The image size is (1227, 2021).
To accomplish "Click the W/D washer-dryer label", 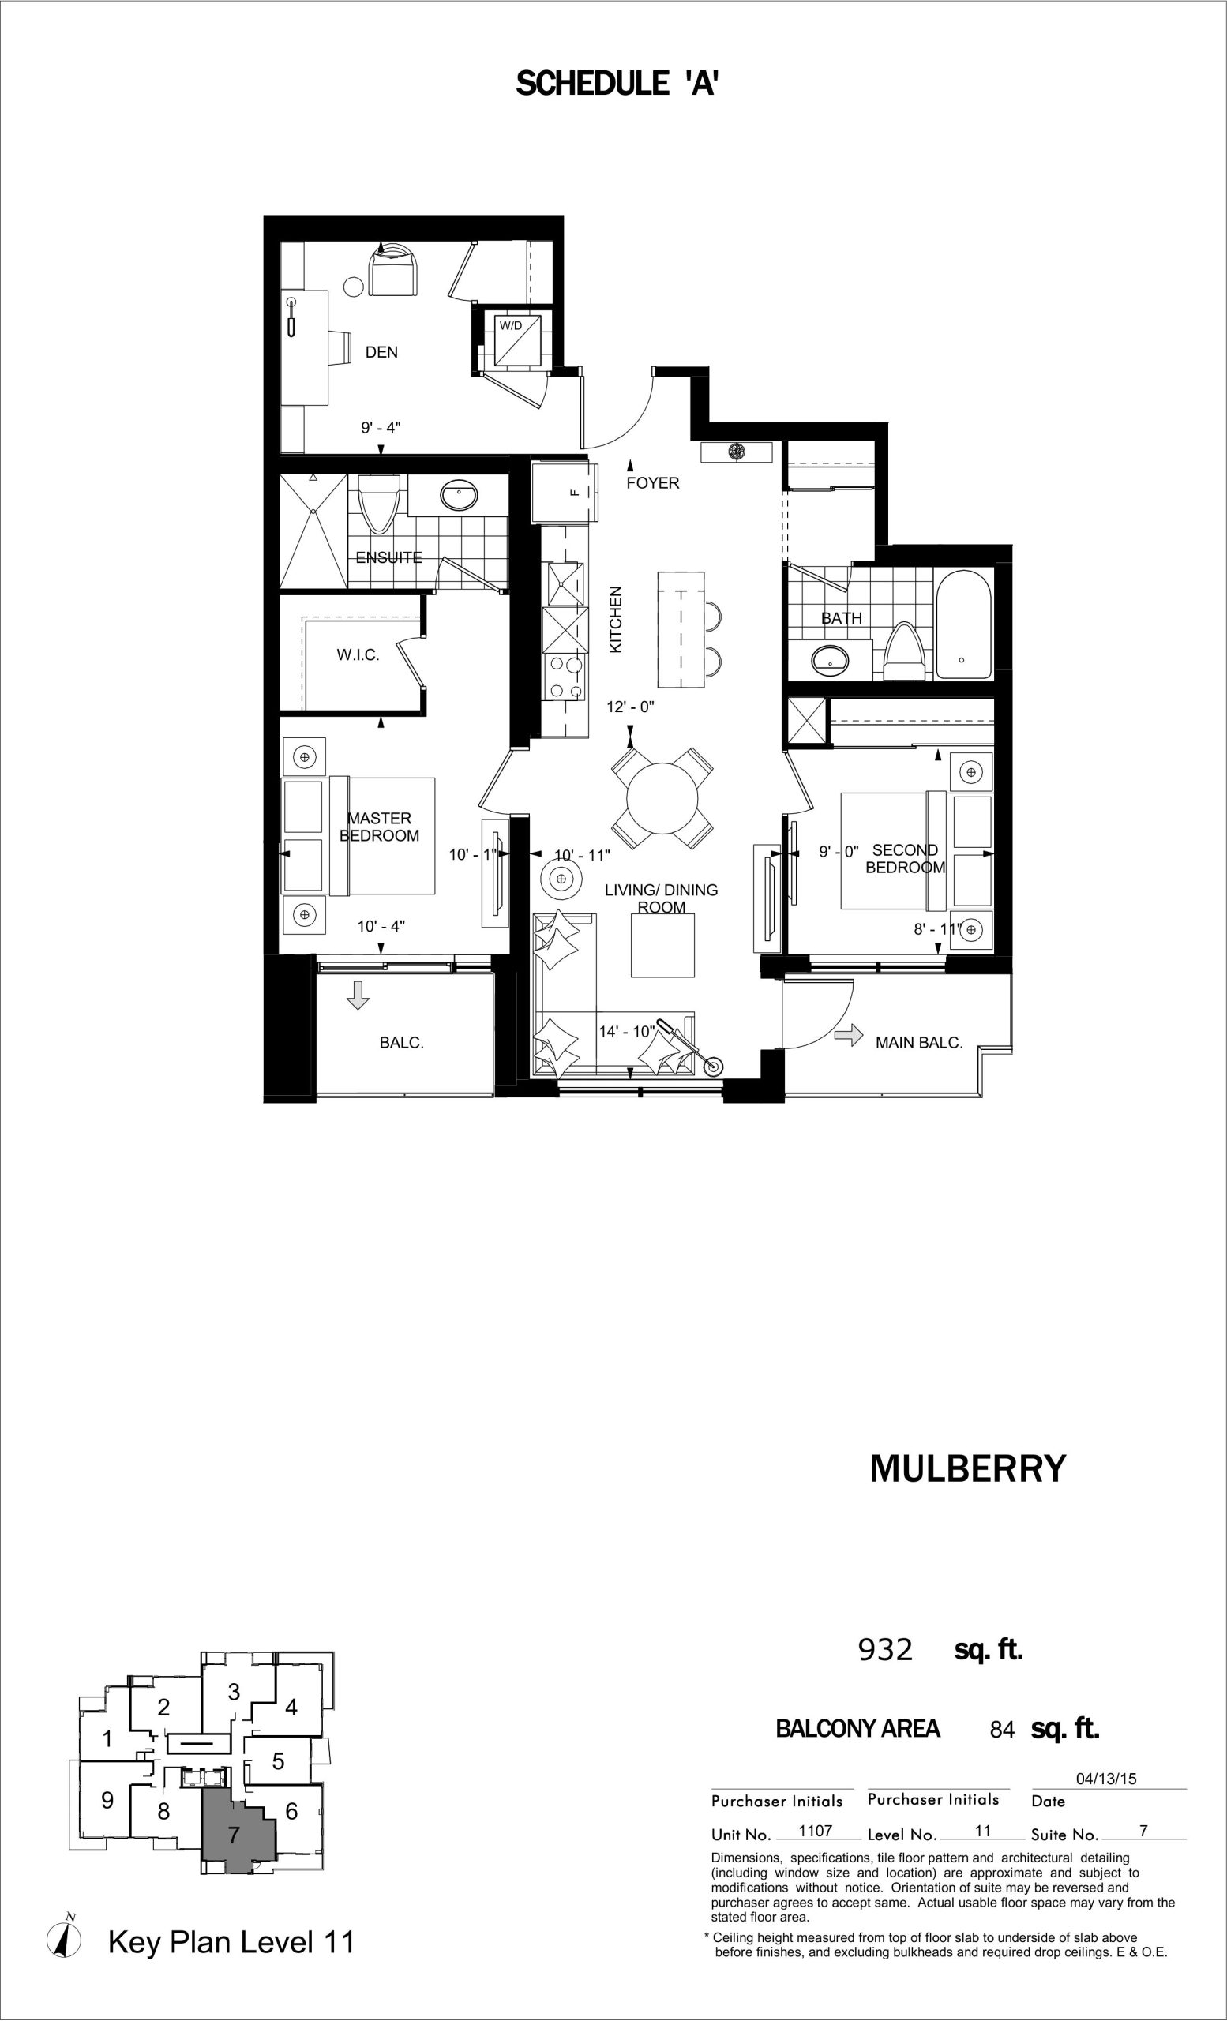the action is point(510,325).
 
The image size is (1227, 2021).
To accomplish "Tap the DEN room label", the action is point(381,352).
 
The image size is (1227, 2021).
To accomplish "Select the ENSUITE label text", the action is point(388,557).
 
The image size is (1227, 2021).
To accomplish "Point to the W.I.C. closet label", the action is point(358,655).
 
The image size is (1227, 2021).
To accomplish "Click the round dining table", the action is point(662,797).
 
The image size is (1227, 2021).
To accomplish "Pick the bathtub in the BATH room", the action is point(964,624).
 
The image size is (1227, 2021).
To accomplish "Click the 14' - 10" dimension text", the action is point(627,1032).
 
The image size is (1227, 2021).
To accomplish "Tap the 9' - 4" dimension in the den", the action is point(381,427).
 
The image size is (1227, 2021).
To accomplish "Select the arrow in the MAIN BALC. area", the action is point(849,1035).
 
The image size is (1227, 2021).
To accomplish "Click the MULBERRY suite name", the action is point(968,1468).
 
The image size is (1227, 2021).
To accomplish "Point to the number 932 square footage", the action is point(885,1649).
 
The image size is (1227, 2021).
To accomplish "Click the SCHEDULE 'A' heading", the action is point(617,84).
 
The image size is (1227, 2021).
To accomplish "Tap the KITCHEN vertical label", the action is point(616,619).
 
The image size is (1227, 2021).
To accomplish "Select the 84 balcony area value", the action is point(1002,1730).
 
